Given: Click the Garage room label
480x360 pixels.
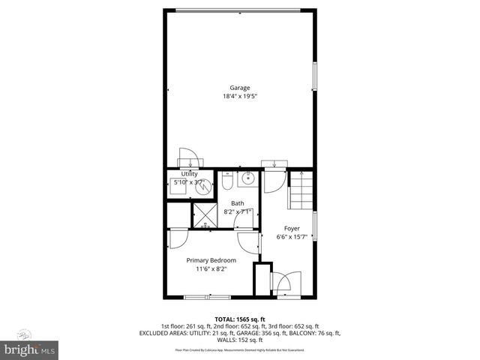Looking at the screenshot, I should (x=240, y=88).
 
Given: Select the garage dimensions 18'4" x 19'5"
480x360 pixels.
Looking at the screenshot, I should (x=240, y=96).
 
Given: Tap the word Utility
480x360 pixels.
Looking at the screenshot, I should (x=189, y=173).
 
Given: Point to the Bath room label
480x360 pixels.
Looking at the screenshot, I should (x=237, y=203).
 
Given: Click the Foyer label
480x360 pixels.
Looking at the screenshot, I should (x=292, y=228).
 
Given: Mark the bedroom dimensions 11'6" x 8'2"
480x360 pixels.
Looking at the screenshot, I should (x=211, y=268).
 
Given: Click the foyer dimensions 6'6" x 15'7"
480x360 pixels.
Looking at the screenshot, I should (x=292, y=237).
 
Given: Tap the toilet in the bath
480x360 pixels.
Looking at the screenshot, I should (x=228, y=181).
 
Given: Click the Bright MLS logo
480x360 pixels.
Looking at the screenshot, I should (x=30, y=349).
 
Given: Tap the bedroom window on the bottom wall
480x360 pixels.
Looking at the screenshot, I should (x=204, y=297).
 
